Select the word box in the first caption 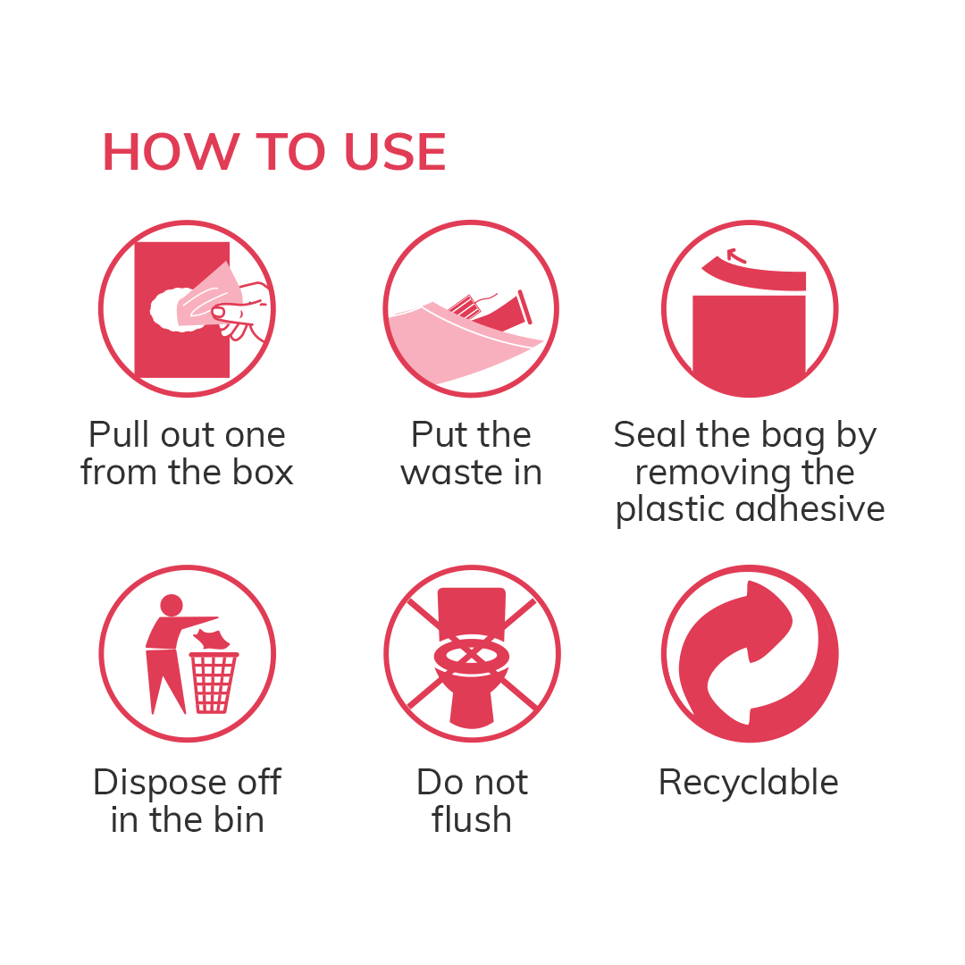tap(261, 472)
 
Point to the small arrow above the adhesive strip tap(735, 255)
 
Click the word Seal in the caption tap(647, 435)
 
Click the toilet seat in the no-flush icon tap(471, 659)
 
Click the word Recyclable tap(749, 783)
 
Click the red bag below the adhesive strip tap(749, 344)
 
